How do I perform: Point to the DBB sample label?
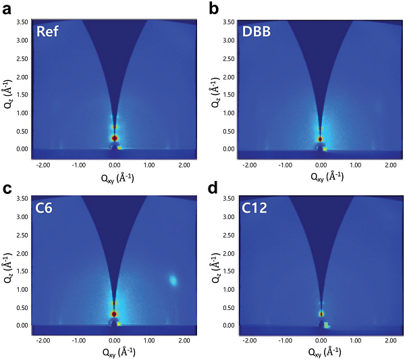coord(259,32)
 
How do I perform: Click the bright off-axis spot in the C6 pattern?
coord(173,280)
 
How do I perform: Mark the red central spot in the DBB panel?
coord(321,139)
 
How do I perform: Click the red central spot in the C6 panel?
coord(114,314)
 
